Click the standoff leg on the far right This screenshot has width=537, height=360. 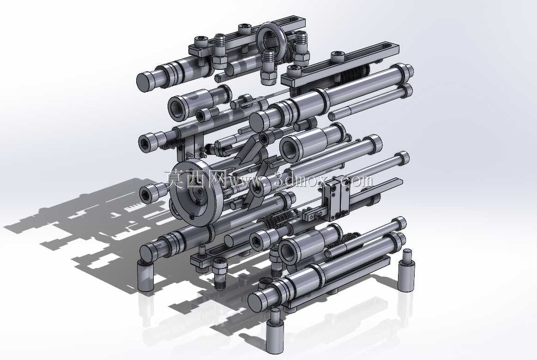406,270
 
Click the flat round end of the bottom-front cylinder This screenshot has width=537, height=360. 257,302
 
